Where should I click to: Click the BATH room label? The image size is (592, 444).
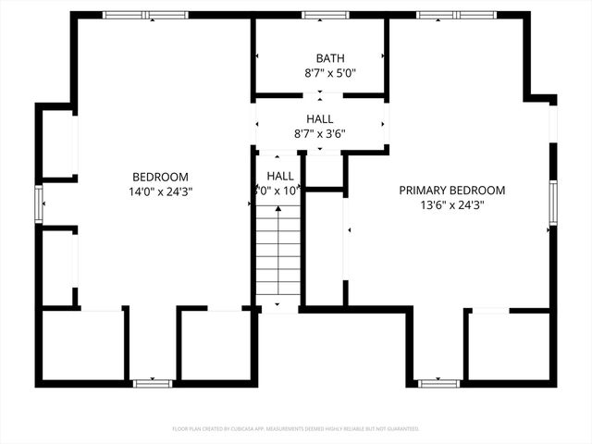321,57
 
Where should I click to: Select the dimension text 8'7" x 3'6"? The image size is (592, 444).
321,133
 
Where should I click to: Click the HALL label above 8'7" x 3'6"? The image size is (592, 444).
321,119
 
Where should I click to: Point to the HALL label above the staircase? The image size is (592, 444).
280,176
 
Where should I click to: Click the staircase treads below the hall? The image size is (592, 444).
278,254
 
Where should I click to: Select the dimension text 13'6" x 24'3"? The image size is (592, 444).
452,205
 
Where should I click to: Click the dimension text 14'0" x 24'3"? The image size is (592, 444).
161,191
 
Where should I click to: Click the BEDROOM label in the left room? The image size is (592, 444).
161,177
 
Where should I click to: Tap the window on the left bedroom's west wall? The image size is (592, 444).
39,203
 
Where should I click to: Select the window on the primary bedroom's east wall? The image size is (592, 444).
552,203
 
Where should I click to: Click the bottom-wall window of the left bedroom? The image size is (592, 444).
152,382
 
